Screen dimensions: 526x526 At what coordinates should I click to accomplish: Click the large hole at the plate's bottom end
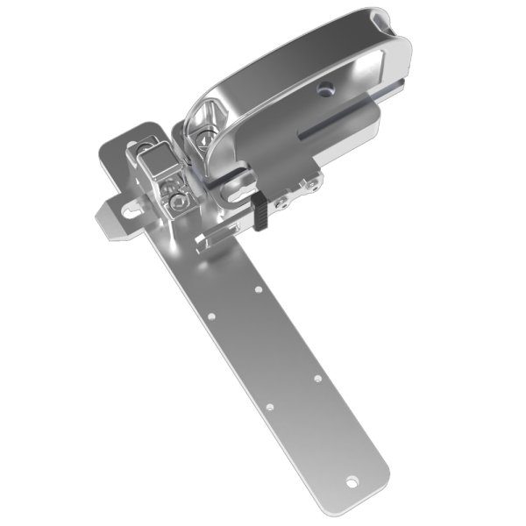tap(354, 480)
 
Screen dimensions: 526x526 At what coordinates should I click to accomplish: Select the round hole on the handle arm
tap(326, 88)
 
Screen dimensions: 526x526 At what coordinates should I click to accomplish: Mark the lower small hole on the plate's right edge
tap(317, 379)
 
